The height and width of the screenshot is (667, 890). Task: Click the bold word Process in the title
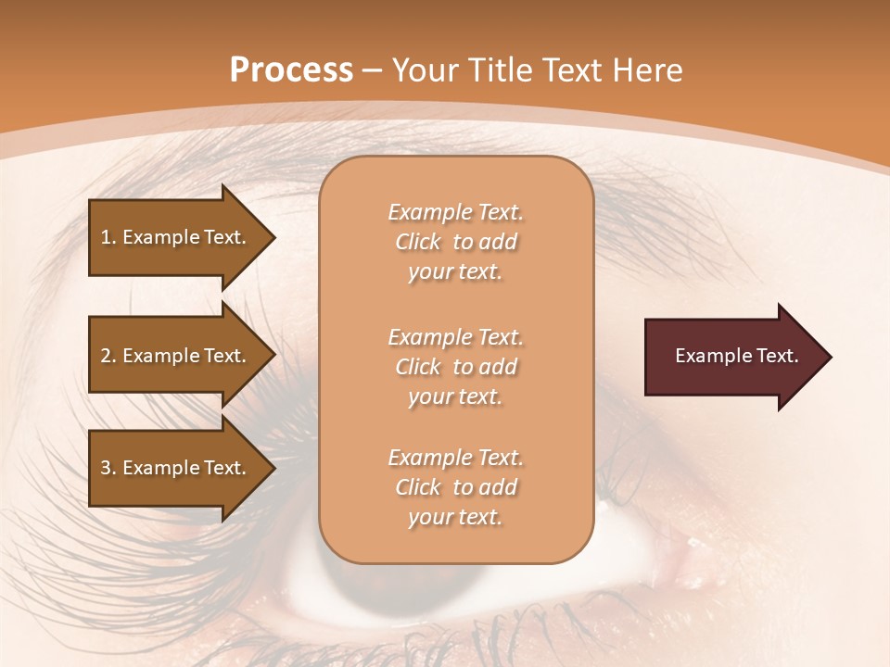point(291,70)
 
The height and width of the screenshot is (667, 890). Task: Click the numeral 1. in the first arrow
point(108,237)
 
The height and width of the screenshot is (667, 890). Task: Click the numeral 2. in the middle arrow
point(108,356)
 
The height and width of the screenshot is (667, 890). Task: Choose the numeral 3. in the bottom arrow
point(108,468)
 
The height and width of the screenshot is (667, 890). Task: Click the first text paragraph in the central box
point(455,242)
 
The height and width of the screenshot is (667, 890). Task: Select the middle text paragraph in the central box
point(455,367)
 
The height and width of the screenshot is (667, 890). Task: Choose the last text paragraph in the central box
point(455,487)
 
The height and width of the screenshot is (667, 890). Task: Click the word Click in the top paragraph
point(417,242)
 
